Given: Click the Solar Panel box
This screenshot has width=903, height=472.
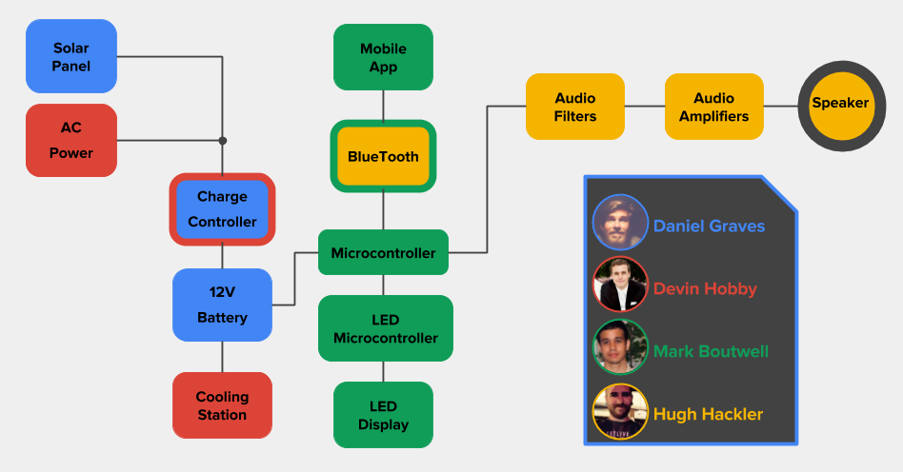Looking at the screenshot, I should pyautogui.click(x=71, y=57).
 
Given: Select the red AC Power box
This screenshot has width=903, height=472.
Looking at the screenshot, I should pyautogui.click(x=71, y=140).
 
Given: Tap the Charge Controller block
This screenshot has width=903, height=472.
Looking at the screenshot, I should pyautogui.click(x=222, y=209).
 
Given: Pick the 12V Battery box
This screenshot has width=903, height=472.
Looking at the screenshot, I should pyautogui.click(x=222, y=305).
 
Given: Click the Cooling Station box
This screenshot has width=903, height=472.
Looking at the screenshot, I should pyautogui.click(x=222, y=405).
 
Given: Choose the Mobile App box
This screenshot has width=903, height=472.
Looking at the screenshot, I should pyautogui.click(x=383, y=57).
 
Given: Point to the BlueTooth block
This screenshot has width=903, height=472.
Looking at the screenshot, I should pyautogui.click(x=383, y=156).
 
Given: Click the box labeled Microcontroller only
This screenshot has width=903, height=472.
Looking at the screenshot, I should pyautogui.click(x=383, y=253).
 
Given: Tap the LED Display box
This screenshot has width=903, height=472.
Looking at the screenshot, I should pyautogui.click(x=383, y=415).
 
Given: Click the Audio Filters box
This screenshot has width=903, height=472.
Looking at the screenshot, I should pyautogui.click(x=575, y=107).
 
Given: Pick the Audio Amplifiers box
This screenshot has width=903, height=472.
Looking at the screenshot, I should pyautogui.click(x=713, y=107).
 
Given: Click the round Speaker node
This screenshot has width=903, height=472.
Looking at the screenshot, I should pyautogui.click(x=840, y=104).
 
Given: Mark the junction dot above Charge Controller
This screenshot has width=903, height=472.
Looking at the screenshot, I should pyautogui.click(x=222, y=141).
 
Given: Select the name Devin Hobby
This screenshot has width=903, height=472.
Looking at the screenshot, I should pyautogui.click(x=705, y=289).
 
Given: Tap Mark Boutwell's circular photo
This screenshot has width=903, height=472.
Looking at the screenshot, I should pyautogui.click(x=620, y=346).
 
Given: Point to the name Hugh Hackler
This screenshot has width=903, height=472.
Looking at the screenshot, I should pyautogui.click(x=708, y=414).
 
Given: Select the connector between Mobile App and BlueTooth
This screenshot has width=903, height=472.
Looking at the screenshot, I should pyautogui.click(x=383, y=105).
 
